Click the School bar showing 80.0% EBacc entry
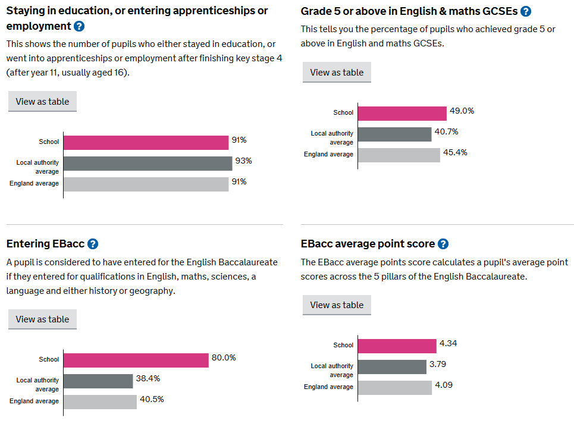[x=136, y=360]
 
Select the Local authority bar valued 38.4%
[x=98, y=381]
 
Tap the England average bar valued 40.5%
[x=100, y=402]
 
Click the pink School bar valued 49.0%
[x=402, y=114]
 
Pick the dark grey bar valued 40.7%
[x=394, y=134]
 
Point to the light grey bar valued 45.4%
[x=399, y=155]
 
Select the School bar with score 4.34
[x=397, y=346]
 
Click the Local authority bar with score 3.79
[x=392, y=367]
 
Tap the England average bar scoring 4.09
[x=395, y=388]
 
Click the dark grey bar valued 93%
[x=148, y=164]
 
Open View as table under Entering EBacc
[x=42, y=319]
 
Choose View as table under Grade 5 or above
[x=337, y=72]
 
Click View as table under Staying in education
[x=42, y=101]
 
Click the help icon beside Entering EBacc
[x=93, y=244]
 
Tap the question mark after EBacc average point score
[x=443, y=244]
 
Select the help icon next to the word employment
[x=79, y=26]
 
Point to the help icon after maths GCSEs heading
[x=526, y=11]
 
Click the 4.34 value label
[x=448, y=343]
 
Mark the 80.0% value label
[x=224, y=357]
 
